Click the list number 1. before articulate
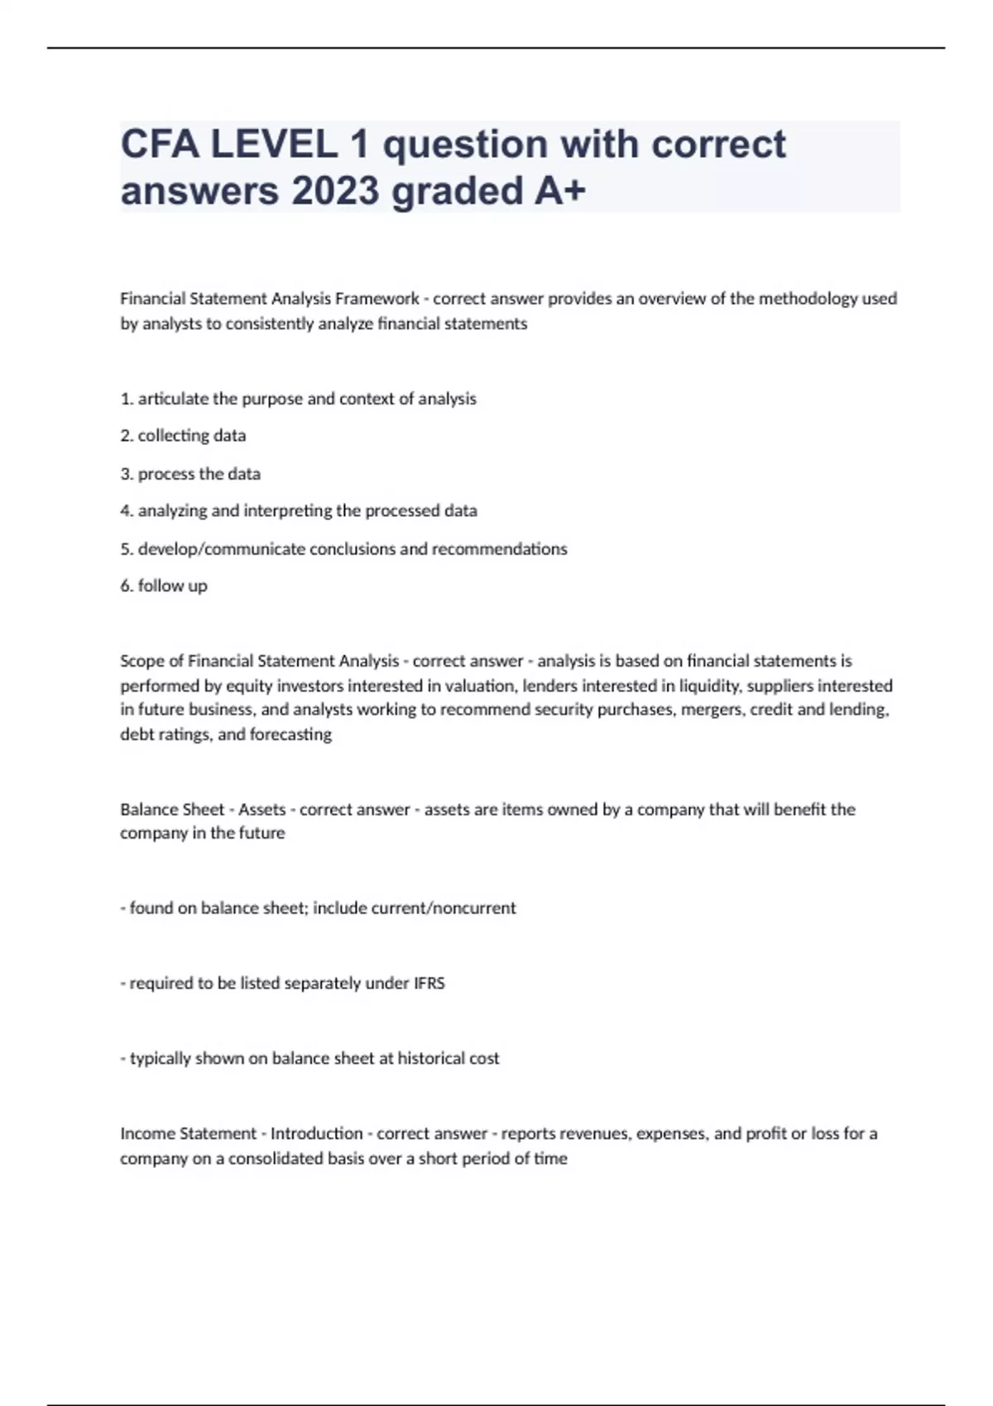(x=127, y=399)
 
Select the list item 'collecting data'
(x=191, y=436)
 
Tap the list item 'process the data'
(x=199, y=474)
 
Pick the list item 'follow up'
(x=172, y=586)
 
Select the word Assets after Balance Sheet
(x=262, y=810)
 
